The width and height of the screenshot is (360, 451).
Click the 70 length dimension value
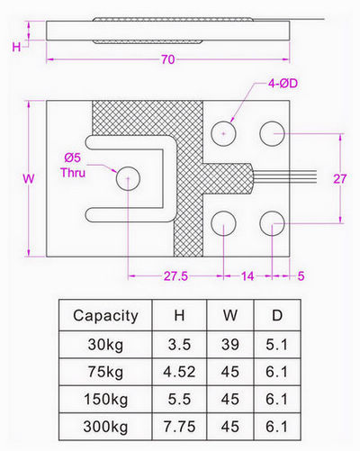[x=167, y=59]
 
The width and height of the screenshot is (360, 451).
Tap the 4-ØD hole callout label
[x=283, y=84]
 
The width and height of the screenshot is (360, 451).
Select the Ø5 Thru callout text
[x=73, y=166]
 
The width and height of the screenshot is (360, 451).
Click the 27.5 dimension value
[x=175, y=275]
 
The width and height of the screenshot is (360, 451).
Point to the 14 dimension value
[x=247, y=275]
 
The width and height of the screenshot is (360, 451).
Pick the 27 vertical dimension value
[x=340, y=179]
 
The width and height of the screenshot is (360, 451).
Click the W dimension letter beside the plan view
[x=29, y=179]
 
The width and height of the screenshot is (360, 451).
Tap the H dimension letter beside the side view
[x=16, y=47]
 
